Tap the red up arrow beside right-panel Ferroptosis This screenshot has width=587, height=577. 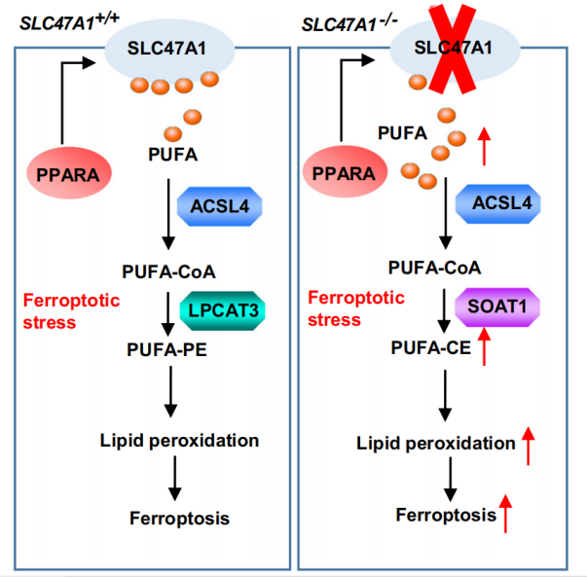506,513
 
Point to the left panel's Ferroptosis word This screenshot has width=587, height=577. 179,517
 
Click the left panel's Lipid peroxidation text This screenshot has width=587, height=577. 179,440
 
